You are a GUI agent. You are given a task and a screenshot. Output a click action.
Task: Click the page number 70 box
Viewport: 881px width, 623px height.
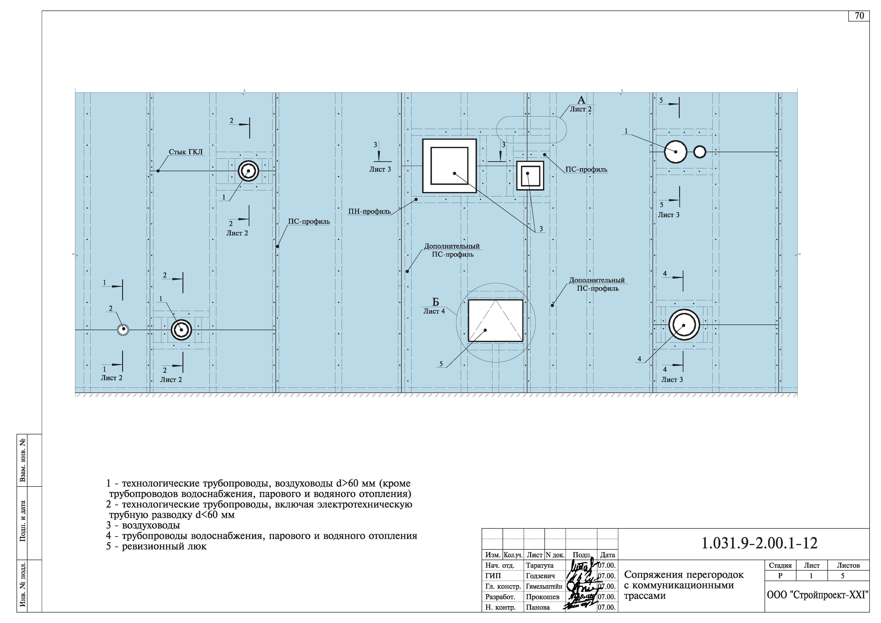(x=859, y=16)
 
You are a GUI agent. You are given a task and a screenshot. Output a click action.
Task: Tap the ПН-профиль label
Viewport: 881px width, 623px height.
(x=369, y=212)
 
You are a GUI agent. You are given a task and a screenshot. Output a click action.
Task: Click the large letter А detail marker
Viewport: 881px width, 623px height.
(x=581, y=100)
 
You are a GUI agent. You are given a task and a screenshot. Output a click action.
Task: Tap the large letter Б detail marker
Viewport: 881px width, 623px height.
(x=435, y=302)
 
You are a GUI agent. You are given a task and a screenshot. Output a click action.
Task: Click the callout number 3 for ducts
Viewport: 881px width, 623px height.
(x=541, y=229)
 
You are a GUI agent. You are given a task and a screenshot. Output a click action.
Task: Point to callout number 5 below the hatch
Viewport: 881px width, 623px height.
(x=441, y=364)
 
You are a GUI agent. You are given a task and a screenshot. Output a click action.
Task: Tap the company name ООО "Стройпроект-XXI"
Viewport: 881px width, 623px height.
(x=817, y=595)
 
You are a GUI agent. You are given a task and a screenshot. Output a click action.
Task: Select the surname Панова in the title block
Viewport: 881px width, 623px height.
(x=538, y=607)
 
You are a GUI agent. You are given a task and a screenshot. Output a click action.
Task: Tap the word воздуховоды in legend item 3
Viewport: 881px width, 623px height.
(x=151, y=526)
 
